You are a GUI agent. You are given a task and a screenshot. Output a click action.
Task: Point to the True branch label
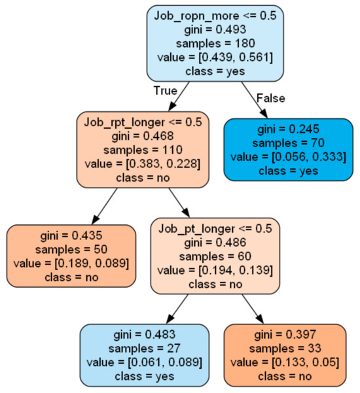point(166,90)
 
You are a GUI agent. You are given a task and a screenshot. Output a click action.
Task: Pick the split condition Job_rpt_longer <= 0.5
point(142,122)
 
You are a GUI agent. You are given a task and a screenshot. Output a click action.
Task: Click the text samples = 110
point(142,149)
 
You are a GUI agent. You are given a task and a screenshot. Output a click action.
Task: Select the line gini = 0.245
point(288,129)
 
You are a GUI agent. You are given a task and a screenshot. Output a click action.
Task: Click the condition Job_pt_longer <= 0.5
point(215,229)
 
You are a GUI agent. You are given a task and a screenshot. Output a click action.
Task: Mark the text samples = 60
point(215,256)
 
